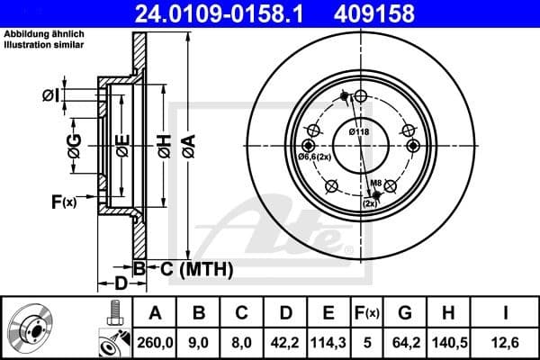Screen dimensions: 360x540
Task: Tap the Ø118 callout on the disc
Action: pos(359,132)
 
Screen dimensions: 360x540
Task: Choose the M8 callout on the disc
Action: pos(377,184)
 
